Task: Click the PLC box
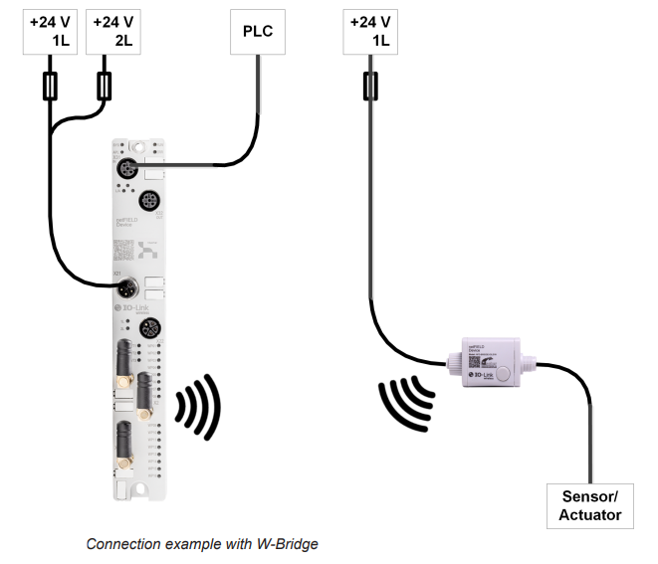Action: coord(258,31)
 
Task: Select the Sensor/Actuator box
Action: coord(590,505)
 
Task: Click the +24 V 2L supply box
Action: coord(112,31)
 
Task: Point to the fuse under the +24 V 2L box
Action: coord(103,88)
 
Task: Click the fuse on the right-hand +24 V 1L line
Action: coord(370,88)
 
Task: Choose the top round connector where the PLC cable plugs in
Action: coord(127,169)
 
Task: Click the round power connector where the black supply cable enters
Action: coord(126,289)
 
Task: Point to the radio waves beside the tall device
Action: coord(199,408)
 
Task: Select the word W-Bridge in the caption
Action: coord(287,544)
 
